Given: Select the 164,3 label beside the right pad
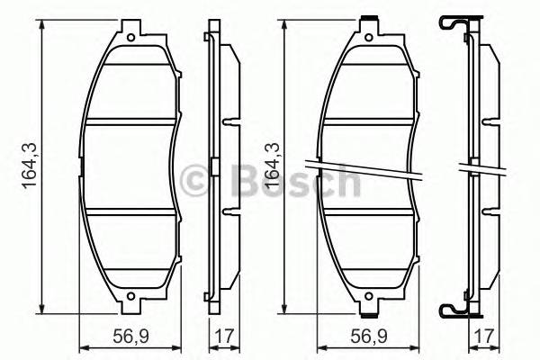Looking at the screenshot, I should pos(266,166).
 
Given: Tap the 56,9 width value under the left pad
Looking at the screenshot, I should pos(130,337).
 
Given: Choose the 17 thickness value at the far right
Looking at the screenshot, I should pos(485,337).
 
